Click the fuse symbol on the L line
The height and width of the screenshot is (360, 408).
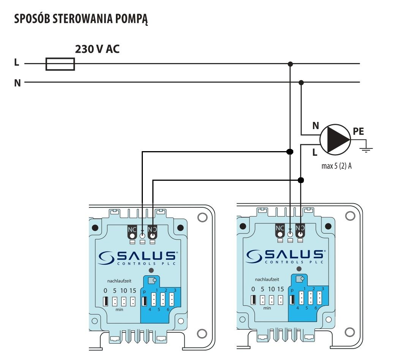tap(60, 64)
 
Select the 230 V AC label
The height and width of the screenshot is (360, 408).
tap(97, 49)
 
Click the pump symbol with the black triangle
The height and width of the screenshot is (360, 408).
tap(335, 140)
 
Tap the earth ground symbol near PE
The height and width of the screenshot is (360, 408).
tap(366, 149)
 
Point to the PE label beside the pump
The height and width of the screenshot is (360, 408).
tap(358, 131)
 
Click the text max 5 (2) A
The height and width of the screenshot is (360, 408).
tap(337, 166)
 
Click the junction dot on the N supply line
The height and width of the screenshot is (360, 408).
tap(301, 83)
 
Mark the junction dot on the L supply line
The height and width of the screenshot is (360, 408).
tap(290, 64)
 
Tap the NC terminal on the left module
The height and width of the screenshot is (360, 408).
tap(132, 232)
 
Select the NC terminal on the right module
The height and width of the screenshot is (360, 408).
tap(280, 231)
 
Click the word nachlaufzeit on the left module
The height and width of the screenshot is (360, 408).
tap(119, 281)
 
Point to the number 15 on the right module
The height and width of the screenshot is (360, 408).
tap(280, 289)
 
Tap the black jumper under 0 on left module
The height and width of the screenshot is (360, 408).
tap(105, 301)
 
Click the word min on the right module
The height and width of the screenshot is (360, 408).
tap(267, 308)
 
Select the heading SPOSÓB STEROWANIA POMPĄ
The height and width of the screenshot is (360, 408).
tap(81, 19)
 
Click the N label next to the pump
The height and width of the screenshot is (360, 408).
tap(316, 126)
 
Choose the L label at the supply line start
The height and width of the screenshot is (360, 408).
tap(17, 62)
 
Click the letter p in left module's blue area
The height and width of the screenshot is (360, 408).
tap(144, 292)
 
